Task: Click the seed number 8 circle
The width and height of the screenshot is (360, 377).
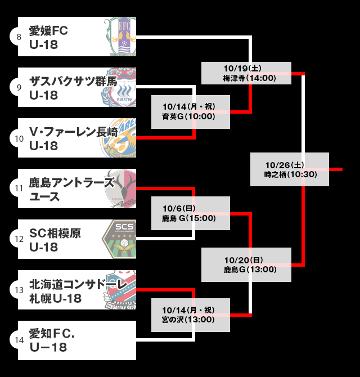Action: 19,37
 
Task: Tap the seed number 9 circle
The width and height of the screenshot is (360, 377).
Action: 19,87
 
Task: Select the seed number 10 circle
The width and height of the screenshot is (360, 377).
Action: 19,138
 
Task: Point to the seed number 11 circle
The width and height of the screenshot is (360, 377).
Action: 19,188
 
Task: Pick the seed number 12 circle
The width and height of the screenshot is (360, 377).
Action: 19,239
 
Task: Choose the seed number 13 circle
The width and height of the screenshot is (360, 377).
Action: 19,290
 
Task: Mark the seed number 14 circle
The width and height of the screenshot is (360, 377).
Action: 19,340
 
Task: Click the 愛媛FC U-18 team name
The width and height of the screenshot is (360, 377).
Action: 49,37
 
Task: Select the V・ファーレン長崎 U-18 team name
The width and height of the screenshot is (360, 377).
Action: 73,138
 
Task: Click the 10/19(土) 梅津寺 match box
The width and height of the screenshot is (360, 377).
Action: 246,73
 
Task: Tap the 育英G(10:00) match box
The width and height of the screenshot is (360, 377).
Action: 191,112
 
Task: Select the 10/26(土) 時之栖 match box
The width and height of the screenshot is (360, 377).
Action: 290,169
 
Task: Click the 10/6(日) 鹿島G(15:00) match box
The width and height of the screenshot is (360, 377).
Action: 191,213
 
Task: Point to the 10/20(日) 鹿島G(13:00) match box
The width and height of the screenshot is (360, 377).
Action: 246,264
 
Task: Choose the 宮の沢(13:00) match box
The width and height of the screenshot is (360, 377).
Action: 191,315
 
